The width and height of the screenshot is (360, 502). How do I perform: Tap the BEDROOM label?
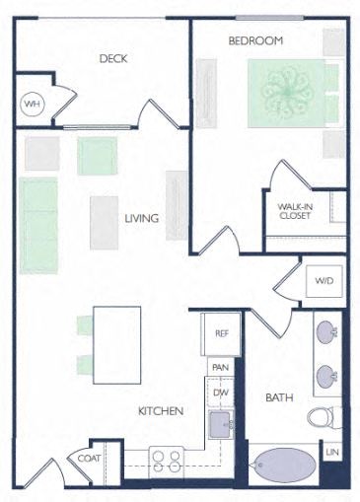coord(255,40)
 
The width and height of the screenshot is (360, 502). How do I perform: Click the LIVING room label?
coord(142,218)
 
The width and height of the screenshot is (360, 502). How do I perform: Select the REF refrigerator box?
coord(222,333)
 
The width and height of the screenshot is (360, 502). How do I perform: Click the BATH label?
coord(276,398)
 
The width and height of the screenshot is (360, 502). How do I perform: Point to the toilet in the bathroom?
coord(322,415)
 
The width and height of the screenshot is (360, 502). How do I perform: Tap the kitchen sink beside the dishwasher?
coord(222,424)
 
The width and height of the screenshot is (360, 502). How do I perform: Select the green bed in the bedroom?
coord(288,94)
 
